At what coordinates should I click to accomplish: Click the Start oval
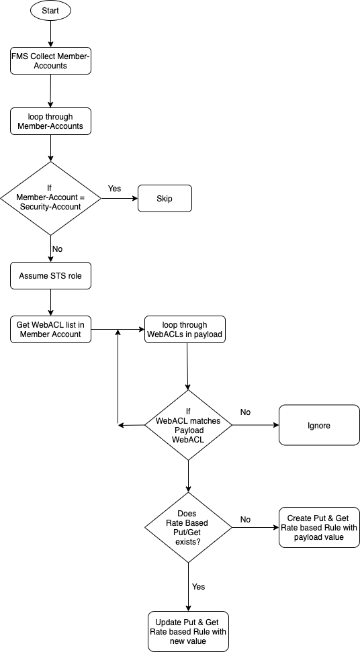pos(50,11)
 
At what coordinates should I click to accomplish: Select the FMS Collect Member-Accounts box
pos(50,60)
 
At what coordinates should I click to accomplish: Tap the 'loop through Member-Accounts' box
pos(50,122)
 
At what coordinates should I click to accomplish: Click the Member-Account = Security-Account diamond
pos(51,198)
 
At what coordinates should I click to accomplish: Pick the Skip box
pos(165,198)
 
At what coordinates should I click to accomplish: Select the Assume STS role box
pos(50,276)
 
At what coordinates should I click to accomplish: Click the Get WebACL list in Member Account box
pos(50,329)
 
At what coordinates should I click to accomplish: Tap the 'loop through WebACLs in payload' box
pos(185,329)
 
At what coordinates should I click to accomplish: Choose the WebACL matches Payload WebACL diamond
pos(188,425)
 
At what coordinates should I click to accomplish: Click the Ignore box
pos(319,426)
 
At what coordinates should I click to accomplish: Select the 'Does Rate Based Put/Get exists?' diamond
pos(188,528)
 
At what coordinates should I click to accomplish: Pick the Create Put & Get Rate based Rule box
pos(319,528)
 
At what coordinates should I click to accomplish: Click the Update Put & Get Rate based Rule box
pos(188,631)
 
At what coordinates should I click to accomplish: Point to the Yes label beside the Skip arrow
pos(114,189)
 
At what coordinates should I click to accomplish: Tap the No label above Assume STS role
pos(57,249)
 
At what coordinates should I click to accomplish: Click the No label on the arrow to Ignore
pos(245,412)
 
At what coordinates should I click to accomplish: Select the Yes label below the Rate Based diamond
pos(198,587)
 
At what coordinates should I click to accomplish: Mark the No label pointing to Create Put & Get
pos(245,520)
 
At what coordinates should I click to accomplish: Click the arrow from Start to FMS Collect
pos(51,34)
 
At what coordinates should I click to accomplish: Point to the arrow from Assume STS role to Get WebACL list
pos(51,302)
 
